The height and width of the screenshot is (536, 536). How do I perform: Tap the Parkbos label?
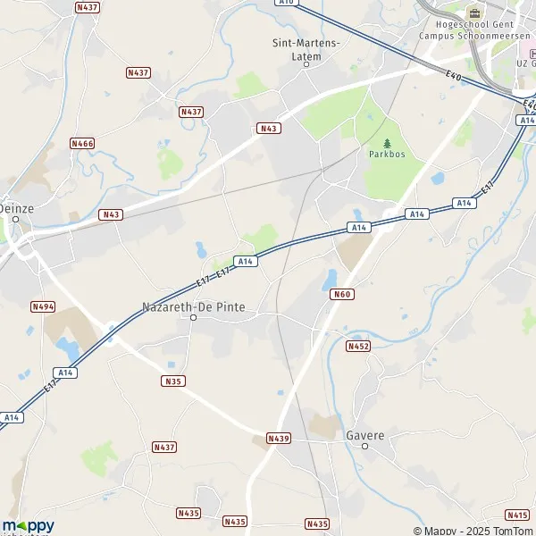click(387, 154)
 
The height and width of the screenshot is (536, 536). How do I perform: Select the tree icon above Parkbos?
click(387, 142)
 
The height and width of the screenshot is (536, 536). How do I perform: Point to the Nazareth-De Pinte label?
click(194, 306)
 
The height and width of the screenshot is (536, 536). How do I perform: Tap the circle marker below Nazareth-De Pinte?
click(194, 317)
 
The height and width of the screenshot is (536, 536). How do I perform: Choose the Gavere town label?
click(364, 435)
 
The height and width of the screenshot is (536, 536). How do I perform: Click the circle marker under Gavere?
click(364, 446)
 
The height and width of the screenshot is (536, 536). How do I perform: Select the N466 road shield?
click(83, 143)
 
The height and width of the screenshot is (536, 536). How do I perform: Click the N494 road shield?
click(43, 306)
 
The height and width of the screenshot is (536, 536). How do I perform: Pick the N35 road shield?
click(173, 381)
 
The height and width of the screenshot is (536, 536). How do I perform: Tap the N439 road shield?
click(279, 439)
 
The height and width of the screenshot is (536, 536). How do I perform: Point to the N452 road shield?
click(358, 346)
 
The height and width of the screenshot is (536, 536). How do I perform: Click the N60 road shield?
click(341, 294)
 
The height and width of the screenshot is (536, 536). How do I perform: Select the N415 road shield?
click(517, 515)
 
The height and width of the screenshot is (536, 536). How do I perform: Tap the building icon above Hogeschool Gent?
click(473, 13)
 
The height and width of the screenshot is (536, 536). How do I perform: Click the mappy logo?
click(29, 526)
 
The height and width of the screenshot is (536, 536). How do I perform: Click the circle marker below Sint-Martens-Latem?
click(306, 64)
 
